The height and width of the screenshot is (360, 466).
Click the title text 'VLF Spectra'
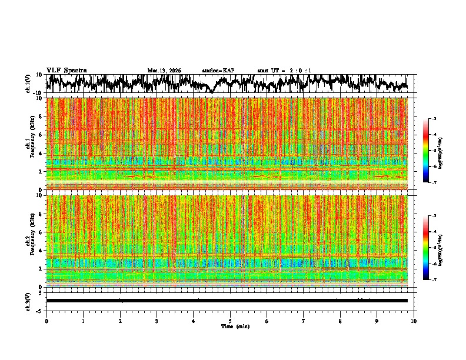[x=66, y=70]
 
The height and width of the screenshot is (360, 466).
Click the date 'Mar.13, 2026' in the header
[x=164, y=71]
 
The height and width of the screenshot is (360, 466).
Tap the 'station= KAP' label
[x=218, y=71]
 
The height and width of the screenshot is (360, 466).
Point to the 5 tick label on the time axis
[x=230, y=321]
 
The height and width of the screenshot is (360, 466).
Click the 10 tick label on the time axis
[x=414, y=321]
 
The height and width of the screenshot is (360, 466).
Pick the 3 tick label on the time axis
[x=157, y=321]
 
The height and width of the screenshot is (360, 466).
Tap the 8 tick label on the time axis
[x=340, y=321]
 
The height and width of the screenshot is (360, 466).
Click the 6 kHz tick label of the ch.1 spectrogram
[x=41, y=135]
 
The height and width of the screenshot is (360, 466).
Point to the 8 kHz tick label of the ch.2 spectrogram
[x=41, y=214]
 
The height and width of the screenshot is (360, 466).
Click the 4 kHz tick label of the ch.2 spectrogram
[x=41, y=250]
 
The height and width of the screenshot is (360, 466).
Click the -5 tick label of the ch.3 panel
[x=40, y=310]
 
